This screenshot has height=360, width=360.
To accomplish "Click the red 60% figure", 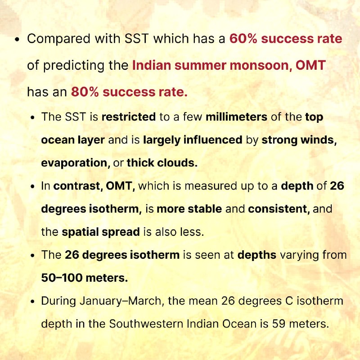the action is tap(243, 39).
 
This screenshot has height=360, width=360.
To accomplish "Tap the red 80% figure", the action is tap(85, 92).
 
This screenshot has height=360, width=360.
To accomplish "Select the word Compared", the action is tap(58, 39).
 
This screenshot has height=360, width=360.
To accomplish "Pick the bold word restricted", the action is tap(129, 117).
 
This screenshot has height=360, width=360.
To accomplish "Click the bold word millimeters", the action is tap(236, 117).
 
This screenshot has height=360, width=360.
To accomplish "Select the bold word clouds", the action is tap(177, 163).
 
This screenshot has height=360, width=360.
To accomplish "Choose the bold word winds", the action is tap(319, 140).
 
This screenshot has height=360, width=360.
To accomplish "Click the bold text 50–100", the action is tap(62, 278).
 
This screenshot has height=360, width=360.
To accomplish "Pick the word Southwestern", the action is tap(146, 324).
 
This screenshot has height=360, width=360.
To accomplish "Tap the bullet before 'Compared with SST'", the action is tap(17, 40).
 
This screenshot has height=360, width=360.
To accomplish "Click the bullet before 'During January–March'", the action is tap(32, 301).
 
